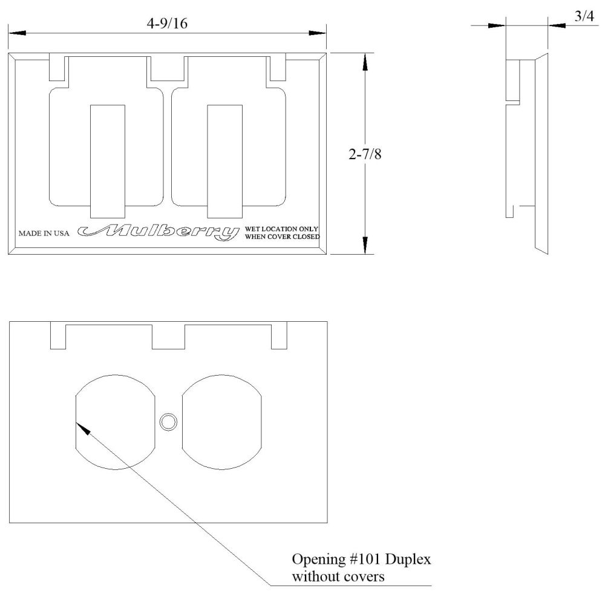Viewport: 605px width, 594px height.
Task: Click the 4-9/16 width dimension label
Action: click(167, 22)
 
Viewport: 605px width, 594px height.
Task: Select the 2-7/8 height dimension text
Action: click(366, 154)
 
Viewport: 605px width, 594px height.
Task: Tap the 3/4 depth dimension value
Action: click(584, 17)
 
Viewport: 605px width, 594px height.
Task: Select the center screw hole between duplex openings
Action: click(167, 422)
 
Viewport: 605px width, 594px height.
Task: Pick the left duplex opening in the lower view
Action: click(113, 422)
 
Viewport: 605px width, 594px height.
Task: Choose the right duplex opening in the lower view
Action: click(221, 422)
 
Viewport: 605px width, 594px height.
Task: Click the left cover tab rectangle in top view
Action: click(108, 160)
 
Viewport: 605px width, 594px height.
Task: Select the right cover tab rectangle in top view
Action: click(226, 160)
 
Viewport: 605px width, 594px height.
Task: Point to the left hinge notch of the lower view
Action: click(57, 337)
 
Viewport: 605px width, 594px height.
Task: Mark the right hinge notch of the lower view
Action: click(279, 337)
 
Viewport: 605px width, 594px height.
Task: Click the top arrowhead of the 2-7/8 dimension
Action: click(365, 61)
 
